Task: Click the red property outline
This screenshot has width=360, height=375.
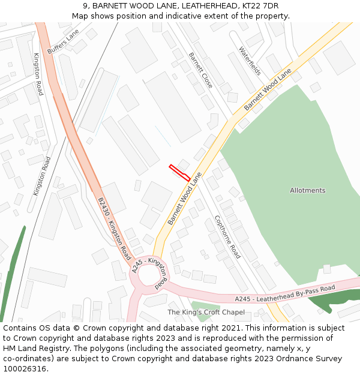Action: (x=179, y=172)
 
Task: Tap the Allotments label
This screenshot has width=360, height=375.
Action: (x=307, y=191)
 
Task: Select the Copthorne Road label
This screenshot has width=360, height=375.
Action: (x=227, y=237)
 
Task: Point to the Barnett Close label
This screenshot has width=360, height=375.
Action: (x=200, y=70)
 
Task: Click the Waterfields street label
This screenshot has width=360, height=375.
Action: (x=250, y=61)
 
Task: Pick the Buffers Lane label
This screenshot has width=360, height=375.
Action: (x=63, y=42)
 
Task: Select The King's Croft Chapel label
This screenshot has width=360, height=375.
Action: (x=206, y=312)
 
